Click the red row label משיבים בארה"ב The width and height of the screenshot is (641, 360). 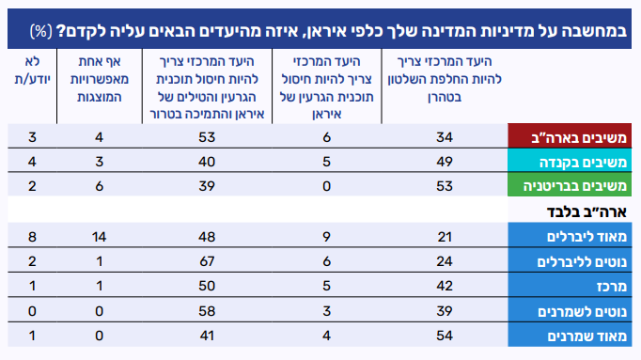579,138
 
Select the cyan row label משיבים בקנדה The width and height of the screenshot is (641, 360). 583,163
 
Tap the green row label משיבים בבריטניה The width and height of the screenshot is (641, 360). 575,186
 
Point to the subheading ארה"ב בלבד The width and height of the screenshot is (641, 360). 586,211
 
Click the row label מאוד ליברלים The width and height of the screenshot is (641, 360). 586,237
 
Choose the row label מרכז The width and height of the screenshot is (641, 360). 612,287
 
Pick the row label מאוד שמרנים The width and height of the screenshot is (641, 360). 587,337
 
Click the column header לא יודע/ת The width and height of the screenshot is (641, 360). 32,70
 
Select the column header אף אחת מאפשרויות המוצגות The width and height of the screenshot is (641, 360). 100,79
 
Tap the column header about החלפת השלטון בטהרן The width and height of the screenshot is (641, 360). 445,79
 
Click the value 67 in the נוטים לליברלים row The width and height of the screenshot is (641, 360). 207,261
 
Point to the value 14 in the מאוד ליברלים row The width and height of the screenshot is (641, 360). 99,237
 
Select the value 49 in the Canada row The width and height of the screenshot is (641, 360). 445,162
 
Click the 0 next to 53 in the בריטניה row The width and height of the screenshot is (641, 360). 326,186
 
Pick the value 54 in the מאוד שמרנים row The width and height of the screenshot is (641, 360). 445,336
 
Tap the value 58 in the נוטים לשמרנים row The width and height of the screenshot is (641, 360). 207,311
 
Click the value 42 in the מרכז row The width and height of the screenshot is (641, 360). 445,286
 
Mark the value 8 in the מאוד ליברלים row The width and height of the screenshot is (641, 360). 32,237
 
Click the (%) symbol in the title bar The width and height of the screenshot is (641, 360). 41,31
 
